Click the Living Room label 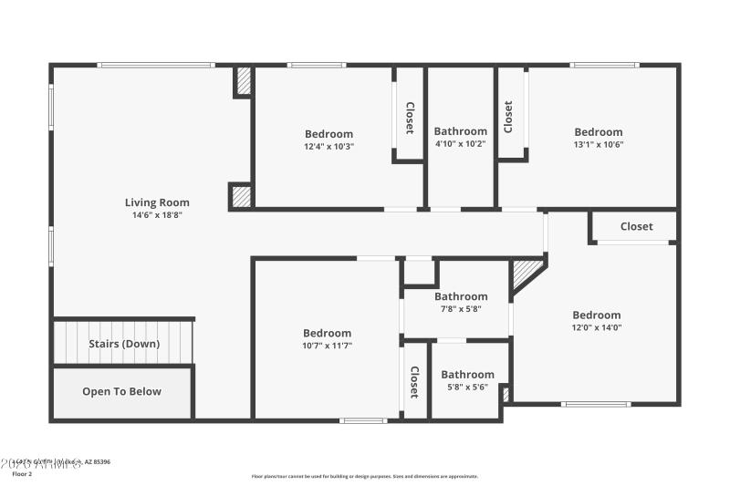(x=157, y=202)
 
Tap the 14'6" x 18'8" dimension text (x=157, y=215)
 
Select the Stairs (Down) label (x=124, y=344)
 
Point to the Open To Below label (x=121, y=391)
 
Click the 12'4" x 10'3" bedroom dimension (x=328, y=146)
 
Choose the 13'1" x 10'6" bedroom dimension (x=598, y=144)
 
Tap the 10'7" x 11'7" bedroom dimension (x=327, y=346)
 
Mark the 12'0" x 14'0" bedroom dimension (x=596, y=327)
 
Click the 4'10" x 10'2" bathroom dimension (x=460, y=143)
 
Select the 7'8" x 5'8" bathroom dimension (x=460, y=308)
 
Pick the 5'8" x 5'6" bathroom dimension (x=467, y=387)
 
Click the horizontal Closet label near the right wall (x=636, y=226)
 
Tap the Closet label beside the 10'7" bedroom (x=413, y=382)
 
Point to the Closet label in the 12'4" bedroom (x=410, y=117)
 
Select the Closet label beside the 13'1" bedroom (x=508, y=116)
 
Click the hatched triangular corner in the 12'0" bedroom (x=524, y=273)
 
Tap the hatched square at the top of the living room (x=243, y=81)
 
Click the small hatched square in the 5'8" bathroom (x=505, y=394)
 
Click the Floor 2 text (x=22, y=474)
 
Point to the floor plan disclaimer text (x=364, y=476)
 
